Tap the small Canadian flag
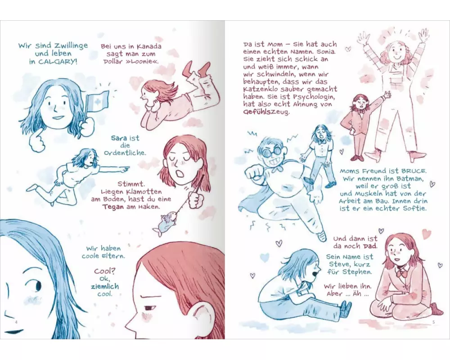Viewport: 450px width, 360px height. pos(97,102)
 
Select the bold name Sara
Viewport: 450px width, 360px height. pos(119,138)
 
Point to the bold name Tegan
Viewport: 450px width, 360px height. pos(113,207)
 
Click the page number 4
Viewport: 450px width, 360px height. pos(16,322)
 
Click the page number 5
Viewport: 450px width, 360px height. pos(433,322)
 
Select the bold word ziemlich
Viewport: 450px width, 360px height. pos(105,286)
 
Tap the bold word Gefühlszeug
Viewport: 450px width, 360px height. pos(266,112)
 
